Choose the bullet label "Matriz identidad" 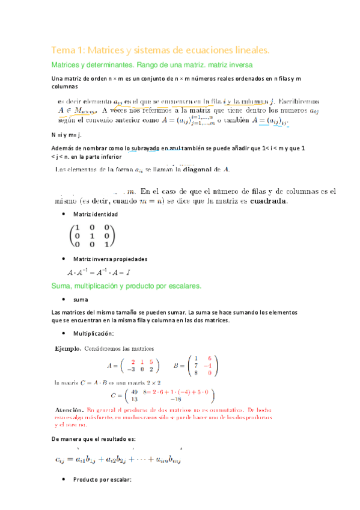pyautogui.click(x=95, y=215)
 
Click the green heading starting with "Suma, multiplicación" pyautogui.click(x=126, y=285)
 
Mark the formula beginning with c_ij pyautogui.click(x=117, y=460)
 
